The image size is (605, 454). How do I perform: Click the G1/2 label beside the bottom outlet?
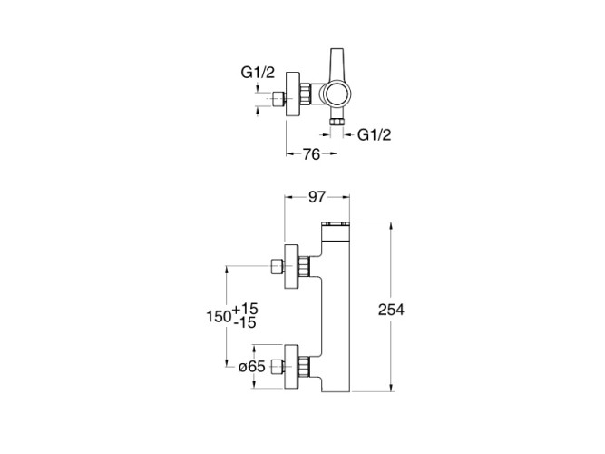375,134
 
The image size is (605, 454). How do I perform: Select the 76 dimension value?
310,154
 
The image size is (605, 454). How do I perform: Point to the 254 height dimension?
390,310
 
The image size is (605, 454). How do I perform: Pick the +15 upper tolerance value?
246,310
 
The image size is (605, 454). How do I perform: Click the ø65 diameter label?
250,368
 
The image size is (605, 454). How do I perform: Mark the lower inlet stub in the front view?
278,368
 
